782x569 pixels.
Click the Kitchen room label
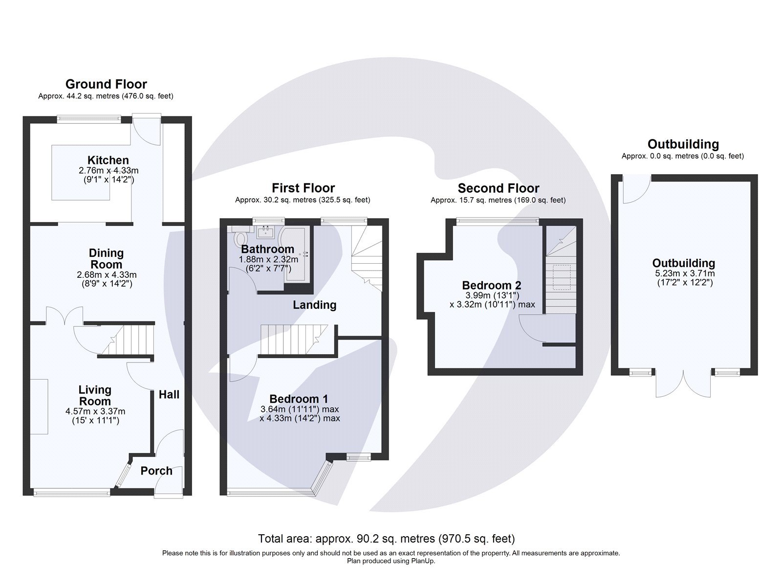coord(108,160)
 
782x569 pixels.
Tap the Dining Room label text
coord(106,259)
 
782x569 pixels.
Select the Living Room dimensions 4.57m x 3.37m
coord(95,411)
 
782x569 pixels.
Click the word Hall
coord(169,394)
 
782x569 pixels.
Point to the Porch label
coord(156,471)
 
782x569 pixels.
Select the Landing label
coord(314,305)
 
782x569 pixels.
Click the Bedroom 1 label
coord(299,399)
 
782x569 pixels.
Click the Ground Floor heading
coord(106,84)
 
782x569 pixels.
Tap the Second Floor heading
coord(498,188)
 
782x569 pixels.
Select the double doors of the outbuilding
coord(683,385)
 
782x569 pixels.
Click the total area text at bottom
coord(386,539)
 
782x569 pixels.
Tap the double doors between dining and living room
coord(65,316)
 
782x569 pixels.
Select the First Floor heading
coord(303,188)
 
